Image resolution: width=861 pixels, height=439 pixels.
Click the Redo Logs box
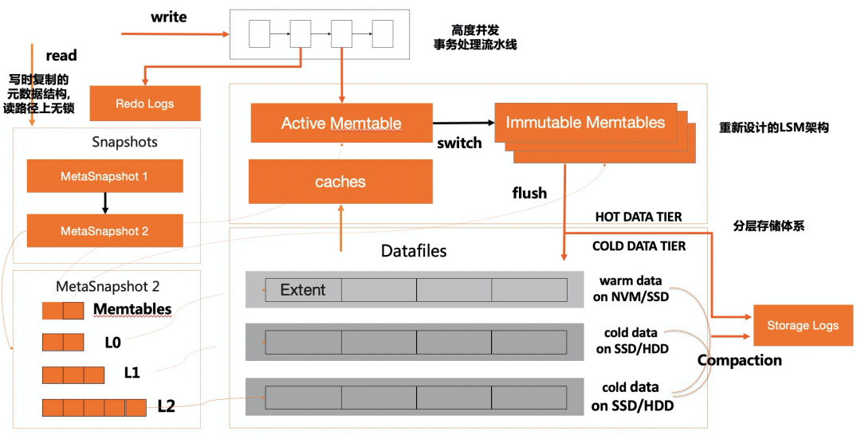[144, 104]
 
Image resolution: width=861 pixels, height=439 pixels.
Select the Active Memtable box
[341, 123]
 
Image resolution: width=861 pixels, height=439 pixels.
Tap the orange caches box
[340, 182]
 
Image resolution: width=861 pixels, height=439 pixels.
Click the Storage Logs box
[802, 325]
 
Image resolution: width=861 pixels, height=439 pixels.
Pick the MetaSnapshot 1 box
[104, 176]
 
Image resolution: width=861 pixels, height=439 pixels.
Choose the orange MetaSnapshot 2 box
[104, 231]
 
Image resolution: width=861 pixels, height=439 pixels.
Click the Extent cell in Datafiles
[303, 290]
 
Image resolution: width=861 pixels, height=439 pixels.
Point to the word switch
[459, 143]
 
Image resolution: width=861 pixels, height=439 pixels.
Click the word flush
[529, 193]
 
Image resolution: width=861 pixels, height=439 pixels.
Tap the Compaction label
[739, 360]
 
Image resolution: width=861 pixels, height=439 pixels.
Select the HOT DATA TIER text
[639, 218]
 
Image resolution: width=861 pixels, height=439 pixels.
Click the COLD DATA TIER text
[639, 246]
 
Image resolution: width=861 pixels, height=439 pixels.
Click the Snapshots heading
[124, 142]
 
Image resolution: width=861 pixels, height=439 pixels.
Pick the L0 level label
[112, 342]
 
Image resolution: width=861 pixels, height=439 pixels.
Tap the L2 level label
[166, 406]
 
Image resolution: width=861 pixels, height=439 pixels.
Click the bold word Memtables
[132, 308]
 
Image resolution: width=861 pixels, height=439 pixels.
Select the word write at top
[168, 17]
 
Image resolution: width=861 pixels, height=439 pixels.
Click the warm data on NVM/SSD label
[635, 288]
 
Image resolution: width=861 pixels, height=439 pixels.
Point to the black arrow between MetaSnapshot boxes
[104, 203]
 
